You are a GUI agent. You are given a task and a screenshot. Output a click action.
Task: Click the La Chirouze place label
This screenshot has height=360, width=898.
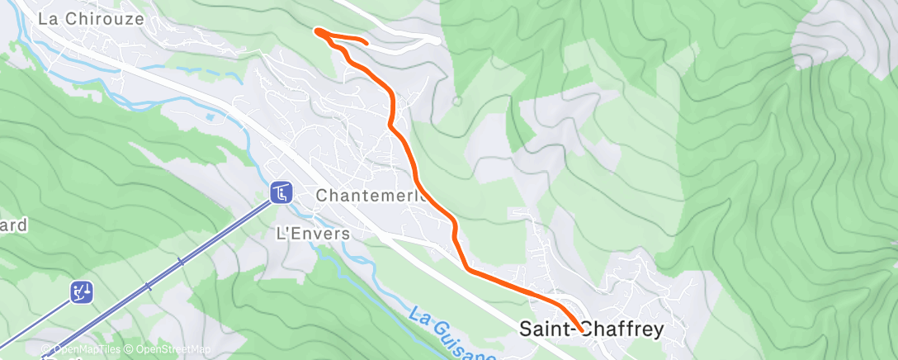click(x=92, y=18)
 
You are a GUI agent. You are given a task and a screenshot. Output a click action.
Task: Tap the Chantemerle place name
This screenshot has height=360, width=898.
click(x=371, y=197)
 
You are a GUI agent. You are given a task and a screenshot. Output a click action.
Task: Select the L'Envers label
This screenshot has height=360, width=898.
click(x=312, y=234)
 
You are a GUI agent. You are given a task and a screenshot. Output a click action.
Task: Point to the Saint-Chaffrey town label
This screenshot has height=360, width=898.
click(x=592, y=329)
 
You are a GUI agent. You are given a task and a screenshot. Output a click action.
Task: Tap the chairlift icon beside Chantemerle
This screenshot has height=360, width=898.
click(x=281, y=192)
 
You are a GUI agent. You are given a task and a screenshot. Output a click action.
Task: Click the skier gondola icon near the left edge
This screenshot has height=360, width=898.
click(x=82, y=291)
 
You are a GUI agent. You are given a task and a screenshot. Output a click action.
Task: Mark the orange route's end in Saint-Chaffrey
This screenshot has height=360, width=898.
click(x=583, y=331)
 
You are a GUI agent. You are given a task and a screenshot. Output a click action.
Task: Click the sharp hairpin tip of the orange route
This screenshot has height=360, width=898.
click(x=317, y=31)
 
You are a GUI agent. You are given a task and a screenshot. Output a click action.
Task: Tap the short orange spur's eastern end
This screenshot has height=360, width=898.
click(x=365, y=41)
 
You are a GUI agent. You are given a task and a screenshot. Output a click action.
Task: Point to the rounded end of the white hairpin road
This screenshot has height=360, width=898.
click(x=437, y=38)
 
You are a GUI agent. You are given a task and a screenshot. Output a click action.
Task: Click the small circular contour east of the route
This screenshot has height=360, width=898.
click(x=456, y=102)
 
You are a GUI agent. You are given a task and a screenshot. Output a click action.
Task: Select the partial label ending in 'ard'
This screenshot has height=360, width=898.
click(x=13, y=225)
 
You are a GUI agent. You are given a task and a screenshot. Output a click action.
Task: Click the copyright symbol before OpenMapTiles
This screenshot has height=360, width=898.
click(x=48, y=350)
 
